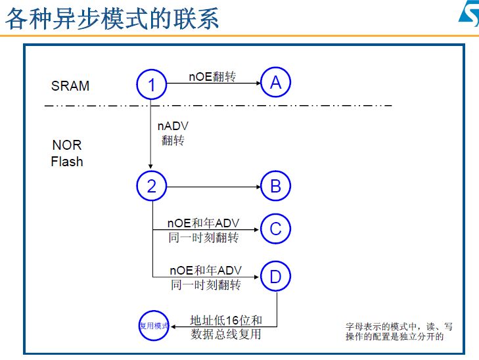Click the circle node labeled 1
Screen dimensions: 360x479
click(x=152, y=85)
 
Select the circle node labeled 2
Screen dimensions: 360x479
click(x=152, y=187)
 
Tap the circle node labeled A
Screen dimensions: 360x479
click(x=275, y=83)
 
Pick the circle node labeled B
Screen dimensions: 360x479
click(x=275, y=187)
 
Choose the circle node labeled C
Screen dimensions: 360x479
click(x=275, y=229)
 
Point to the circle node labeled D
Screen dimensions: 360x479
click(x=275, y=277)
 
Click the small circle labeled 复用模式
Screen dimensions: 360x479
click(x=154, y=326)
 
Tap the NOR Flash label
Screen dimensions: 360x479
click(x=67, y=153)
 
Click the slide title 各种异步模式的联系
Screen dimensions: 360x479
click(x=112, y=18)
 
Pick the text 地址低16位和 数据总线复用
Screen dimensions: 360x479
click(x=225, y=327)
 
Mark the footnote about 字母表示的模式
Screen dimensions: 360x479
click(x=399, y=331)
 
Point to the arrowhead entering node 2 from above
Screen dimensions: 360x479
click(x=152, y=167)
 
